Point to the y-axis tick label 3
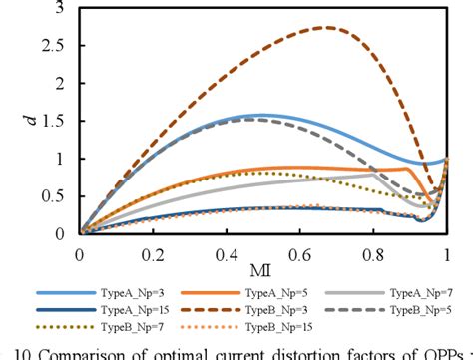click(65, 8)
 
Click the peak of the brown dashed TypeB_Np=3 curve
click(325, 28)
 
